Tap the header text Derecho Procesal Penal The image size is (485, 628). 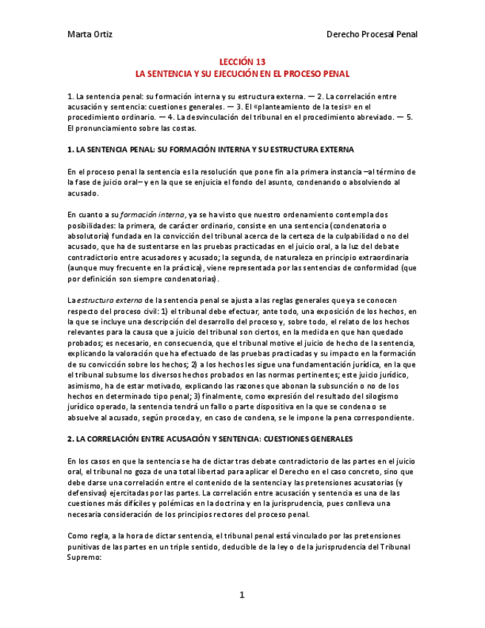(x=372, y=34)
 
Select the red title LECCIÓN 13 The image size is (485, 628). (x=241, y=62)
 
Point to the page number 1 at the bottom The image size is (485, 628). (x=241, y=595)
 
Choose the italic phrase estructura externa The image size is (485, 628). (x=107, y=300)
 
